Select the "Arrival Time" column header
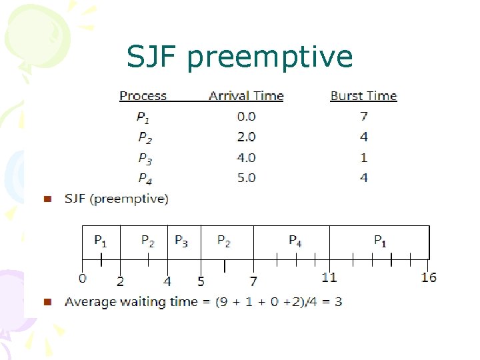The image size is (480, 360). click(246, 96)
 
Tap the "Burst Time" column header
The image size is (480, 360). click(363, 96)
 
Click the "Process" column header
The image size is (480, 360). click(143, 96)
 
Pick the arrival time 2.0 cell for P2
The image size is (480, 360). click(246, 137)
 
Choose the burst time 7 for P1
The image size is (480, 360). click(363, 117)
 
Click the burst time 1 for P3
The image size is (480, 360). click(363, 158)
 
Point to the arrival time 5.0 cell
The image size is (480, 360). click(246, 178)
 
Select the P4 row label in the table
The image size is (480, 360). click(145, 179)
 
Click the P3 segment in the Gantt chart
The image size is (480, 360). click(181, 241)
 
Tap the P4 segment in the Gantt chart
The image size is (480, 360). click(295, 241)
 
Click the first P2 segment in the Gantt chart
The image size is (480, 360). click(148, 241)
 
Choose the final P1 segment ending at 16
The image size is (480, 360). click(379, 241)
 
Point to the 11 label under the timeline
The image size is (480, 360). click(329, 277)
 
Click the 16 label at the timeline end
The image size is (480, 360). click(429, 277)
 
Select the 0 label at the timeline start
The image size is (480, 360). click(82, 279)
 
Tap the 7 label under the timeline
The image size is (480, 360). click(253, 282)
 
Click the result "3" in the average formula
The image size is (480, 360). click(338, 302)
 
